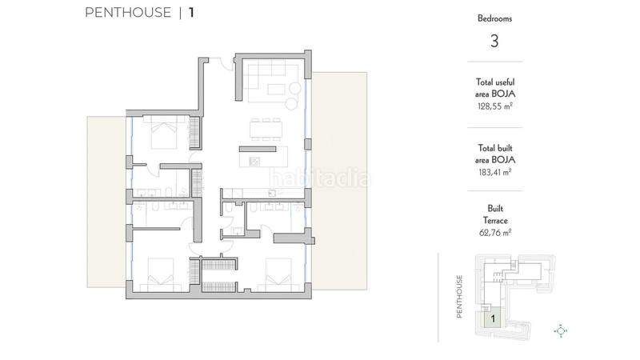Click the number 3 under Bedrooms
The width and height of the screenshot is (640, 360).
pyautogui.click(x=494, y=42)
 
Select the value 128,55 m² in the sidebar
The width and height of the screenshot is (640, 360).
pyautogui.click(x=494, y=105)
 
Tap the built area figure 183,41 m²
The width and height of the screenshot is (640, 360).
pyautogui.click(x=494, y=171)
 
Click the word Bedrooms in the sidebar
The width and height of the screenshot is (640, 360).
pyautogui.click(x=494, y=18)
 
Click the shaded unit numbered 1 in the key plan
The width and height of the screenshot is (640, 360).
pyautogui.click(x=494, y=318)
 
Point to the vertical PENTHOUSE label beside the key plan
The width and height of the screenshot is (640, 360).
pyautogui.click(x=460, y=298)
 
